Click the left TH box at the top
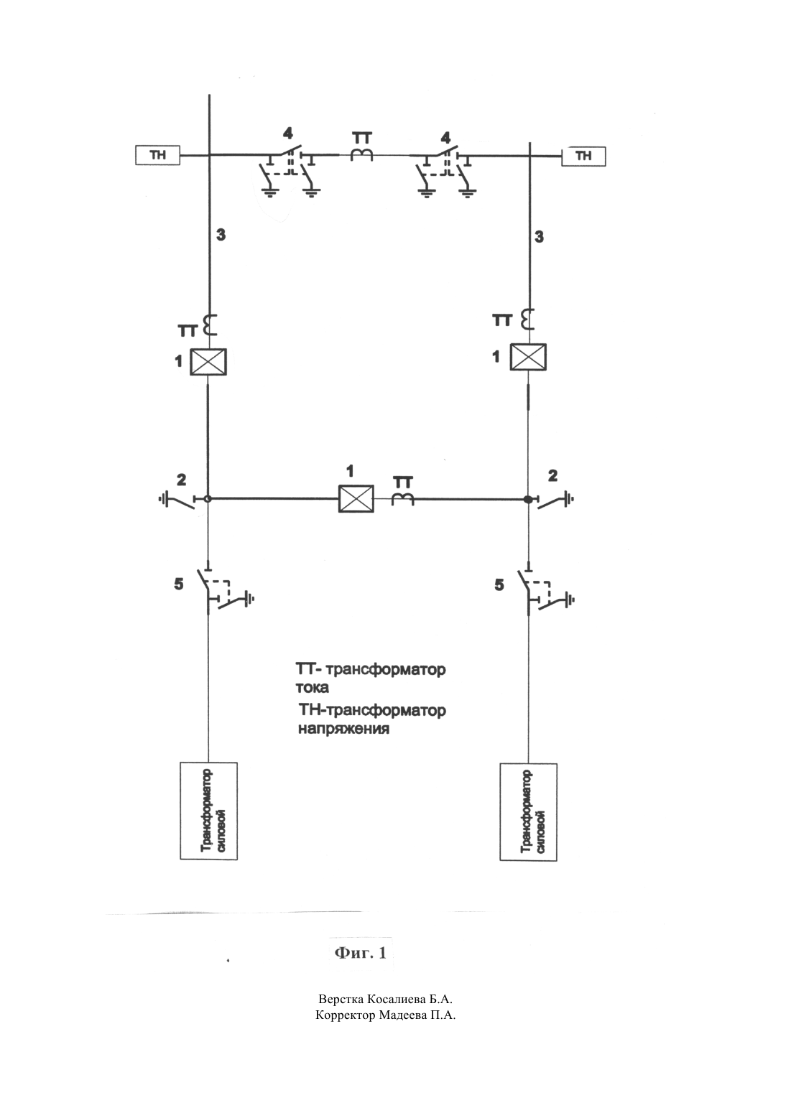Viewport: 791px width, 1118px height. [158, 155]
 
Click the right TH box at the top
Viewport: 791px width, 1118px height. [583, 157]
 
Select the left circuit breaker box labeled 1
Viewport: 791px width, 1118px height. [208, 362]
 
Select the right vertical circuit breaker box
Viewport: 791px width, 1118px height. [528, 358]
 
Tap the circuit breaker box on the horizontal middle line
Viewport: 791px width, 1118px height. [356, 498]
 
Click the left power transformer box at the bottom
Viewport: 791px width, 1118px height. [209, 811]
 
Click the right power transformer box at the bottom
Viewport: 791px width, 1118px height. [528, 812]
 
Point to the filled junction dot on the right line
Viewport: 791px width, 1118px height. [528, 499]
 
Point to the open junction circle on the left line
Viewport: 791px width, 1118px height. [208, 498]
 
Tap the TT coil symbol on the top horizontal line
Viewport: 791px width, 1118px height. [362, 154]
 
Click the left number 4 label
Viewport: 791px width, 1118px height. [287, 134]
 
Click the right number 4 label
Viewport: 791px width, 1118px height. [445, 136]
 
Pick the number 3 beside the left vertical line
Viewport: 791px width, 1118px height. [221, 235]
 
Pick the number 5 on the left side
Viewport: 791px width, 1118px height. [178, 584]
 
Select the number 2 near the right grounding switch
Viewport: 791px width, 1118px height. [552, 475]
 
